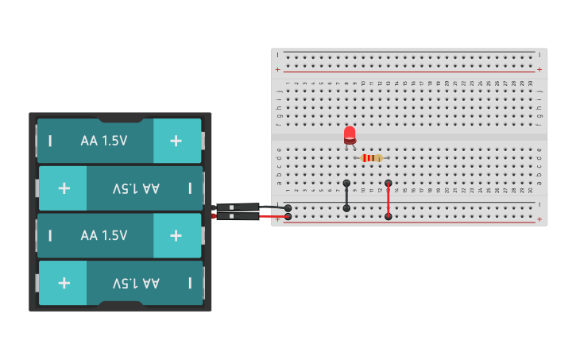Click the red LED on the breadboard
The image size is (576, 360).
(x=350, y=134)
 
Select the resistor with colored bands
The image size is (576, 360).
(x=371, y=158)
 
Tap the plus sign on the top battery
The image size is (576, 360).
(x=176, y=141)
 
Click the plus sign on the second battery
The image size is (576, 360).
(x=64, y=188)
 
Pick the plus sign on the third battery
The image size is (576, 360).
(x=176, y=235)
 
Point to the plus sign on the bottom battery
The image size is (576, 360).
(x=64, y=283)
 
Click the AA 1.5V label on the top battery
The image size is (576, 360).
(x=103, y=141)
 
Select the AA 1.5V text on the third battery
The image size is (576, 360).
(x=103, y=235)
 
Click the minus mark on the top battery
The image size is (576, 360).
(x=50, y=141)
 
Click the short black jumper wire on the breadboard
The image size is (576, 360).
(x=346, y=195)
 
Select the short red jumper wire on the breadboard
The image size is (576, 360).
(x=388, y=199)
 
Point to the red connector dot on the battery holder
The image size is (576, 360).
(x=214, y=216)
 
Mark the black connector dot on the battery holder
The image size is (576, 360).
(x=214, y=208)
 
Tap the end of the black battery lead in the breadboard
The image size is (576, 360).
(x=288, y=208)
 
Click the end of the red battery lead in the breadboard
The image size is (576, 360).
(x=288, y=216)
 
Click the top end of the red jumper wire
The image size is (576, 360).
(x=388, y=183)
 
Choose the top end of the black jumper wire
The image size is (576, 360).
(x=346, y=183)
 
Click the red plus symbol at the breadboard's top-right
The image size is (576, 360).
(x=539, y=70)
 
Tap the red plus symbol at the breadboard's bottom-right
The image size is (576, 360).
(x=539, y=219)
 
